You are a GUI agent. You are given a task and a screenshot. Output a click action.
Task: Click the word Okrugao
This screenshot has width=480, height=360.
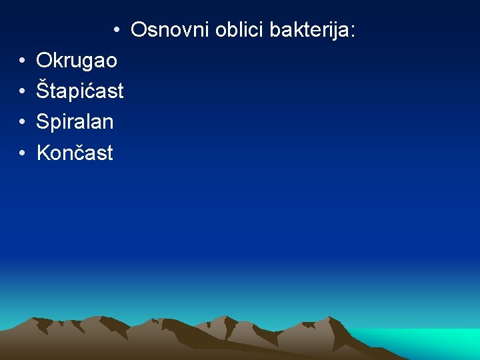(x=77, y=61)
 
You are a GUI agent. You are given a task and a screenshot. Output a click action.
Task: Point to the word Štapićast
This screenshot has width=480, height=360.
(x=80, y=91)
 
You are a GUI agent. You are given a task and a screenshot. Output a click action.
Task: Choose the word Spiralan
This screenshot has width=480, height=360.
(x=75, y=122)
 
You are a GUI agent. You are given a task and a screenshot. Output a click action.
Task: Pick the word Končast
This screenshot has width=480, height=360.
(x=75, y=153)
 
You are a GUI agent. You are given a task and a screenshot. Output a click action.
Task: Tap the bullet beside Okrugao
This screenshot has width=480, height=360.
(x=22, y=61)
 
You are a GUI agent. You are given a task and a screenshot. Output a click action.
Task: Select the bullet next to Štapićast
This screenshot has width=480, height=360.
(x=22, y=91)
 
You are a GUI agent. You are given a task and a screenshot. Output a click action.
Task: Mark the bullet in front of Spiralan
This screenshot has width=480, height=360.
(x=22, y=122)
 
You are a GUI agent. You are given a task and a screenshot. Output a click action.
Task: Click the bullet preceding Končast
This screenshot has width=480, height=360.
(x=22, y=153)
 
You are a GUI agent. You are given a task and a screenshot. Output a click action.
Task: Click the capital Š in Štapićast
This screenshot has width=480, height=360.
(x=43, y=91)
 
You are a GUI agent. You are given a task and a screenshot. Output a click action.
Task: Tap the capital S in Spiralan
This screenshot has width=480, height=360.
(x=43, y=122)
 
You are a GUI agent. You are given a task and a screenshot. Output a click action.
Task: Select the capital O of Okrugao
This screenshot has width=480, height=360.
(x=44, y=61)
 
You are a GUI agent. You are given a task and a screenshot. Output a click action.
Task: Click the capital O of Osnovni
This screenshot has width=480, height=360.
(x=139, y=30)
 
